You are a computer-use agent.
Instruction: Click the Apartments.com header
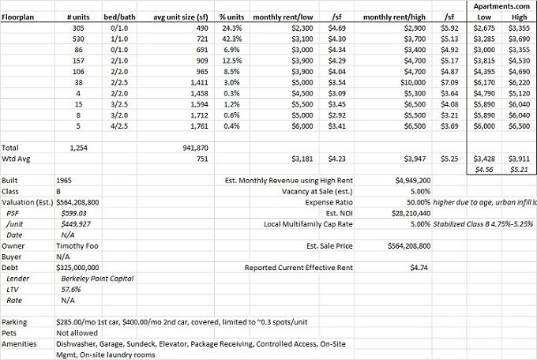pos(501,5)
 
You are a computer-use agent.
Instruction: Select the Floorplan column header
pos(20,16)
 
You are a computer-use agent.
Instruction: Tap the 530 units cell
pos(77,39)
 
